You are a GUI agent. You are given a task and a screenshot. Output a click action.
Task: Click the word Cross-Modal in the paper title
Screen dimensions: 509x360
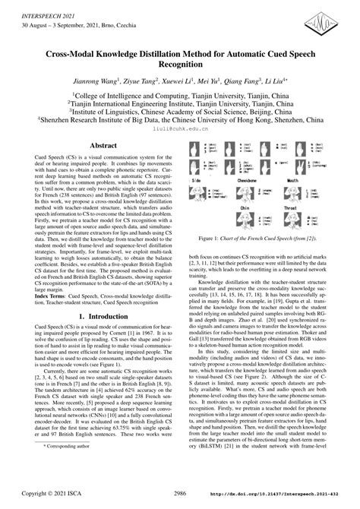click(x=84, y=55)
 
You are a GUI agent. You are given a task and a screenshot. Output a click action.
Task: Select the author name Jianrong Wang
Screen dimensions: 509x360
click(x=109, y=82)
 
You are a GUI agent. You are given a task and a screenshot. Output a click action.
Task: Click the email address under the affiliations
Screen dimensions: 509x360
click(x=180, y=128)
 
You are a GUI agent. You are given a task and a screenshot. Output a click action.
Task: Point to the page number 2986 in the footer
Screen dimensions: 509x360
click(x=179, y=492)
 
